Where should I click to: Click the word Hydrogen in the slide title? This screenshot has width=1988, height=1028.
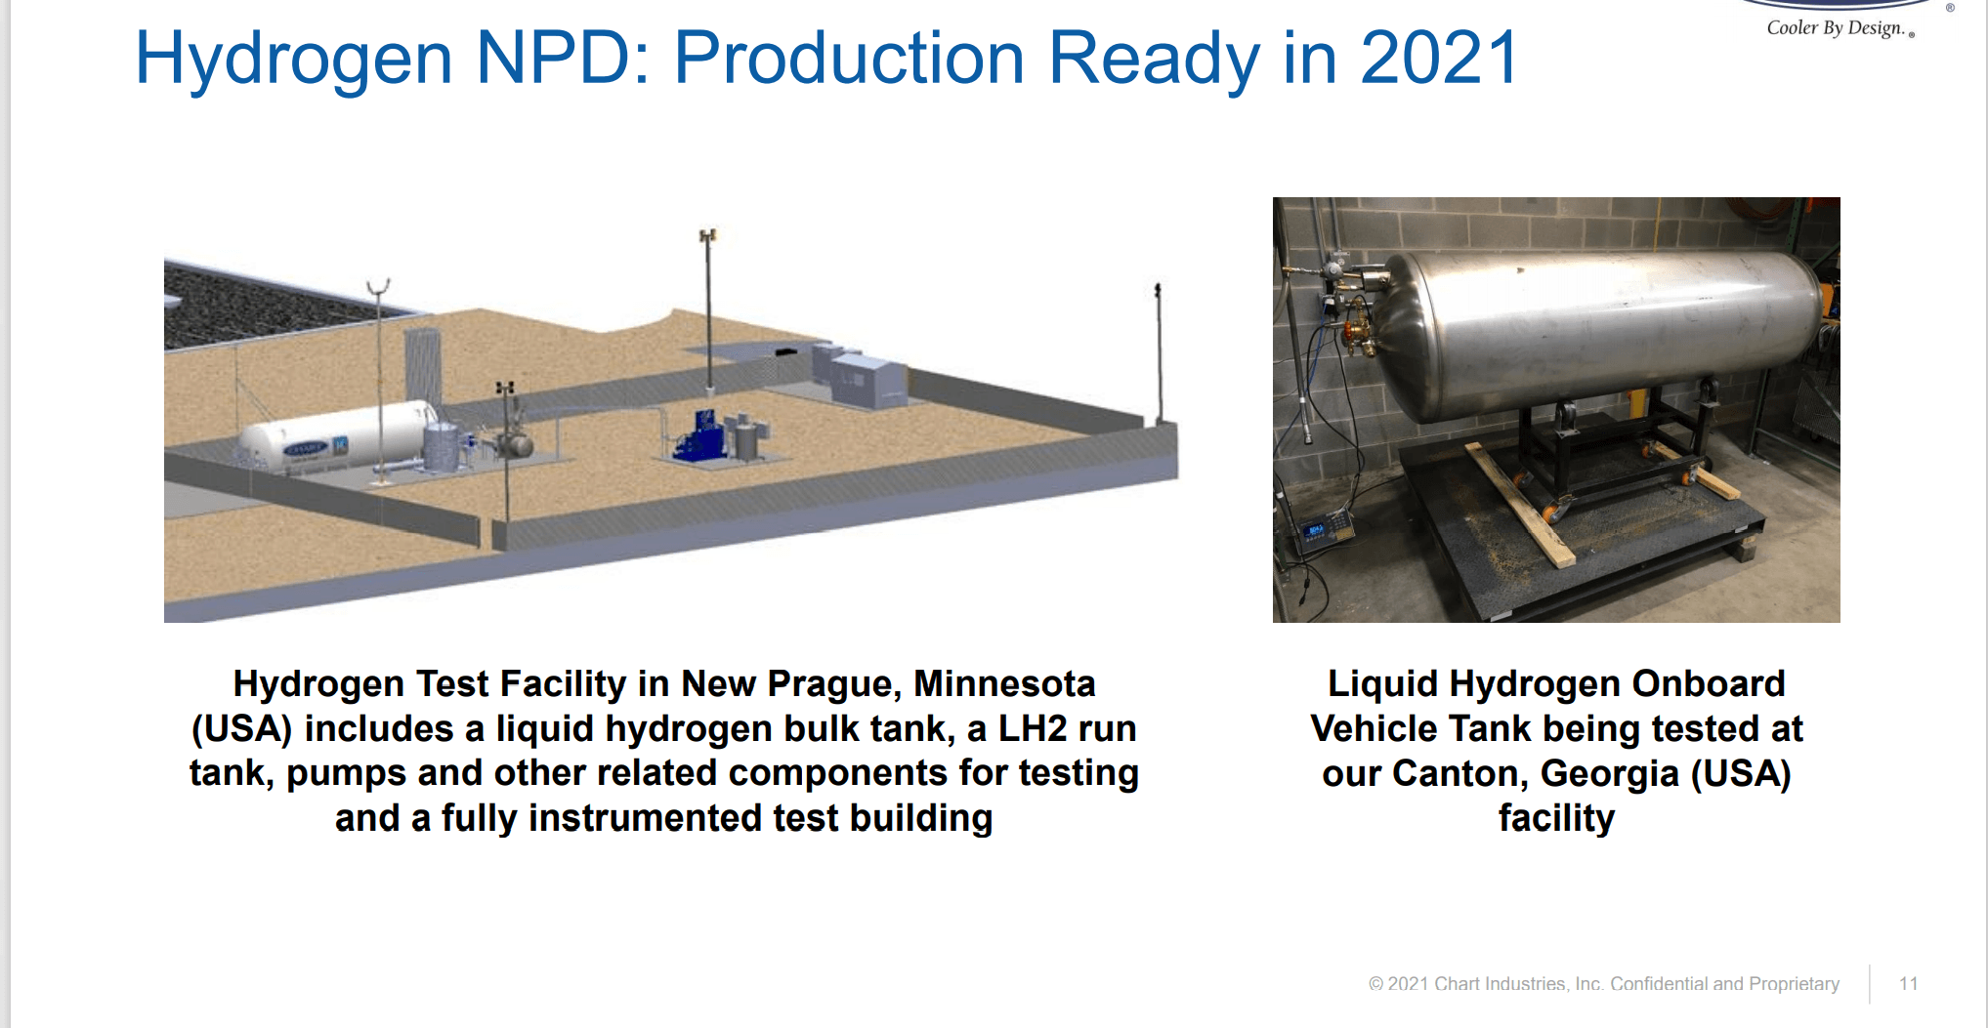pyautogui.click(x=294, y=59)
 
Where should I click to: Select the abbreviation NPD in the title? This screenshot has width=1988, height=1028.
pyautogui.click(x=563, y=58)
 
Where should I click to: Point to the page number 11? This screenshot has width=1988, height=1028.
pyautogui.click(x=1908, y=983)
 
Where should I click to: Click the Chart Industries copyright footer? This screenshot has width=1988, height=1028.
pyautogui.click(x=1603, y=983)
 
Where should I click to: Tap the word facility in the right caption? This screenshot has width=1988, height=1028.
pyautogui.click(x=1556, y=819)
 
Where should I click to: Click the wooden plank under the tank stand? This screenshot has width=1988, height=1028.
pyautogui.click(x=1520, y=504)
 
